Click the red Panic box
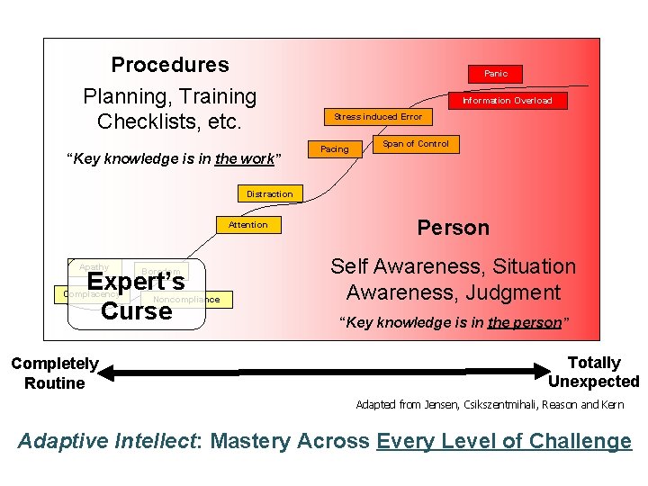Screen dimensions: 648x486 click(x=495, y=74)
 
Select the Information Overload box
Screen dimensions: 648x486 click(x=508, y=100)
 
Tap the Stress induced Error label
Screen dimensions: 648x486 click(x=378, y=117)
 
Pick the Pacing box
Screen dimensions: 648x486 click(x=335, y=148)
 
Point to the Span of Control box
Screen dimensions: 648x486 click(x=416, y=144)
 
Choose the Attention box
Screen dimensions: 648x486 click(x=247, y=224)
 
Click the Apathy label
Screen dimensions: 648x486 click(x=94, y=267)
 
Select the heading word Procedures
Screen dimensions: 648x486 click(x=170, y=65)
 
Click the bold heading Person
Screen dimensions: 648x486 click(x=454, y=228)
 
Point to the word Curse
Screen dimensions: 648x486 click(x=136, y=311)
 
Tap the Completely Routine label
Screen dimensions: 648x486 click(x=54, y=373)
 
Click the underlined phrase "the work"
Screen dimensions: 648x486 click(x=246, y=159)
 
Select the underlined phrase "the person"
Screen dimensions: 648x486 click(x=525, y=323)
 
